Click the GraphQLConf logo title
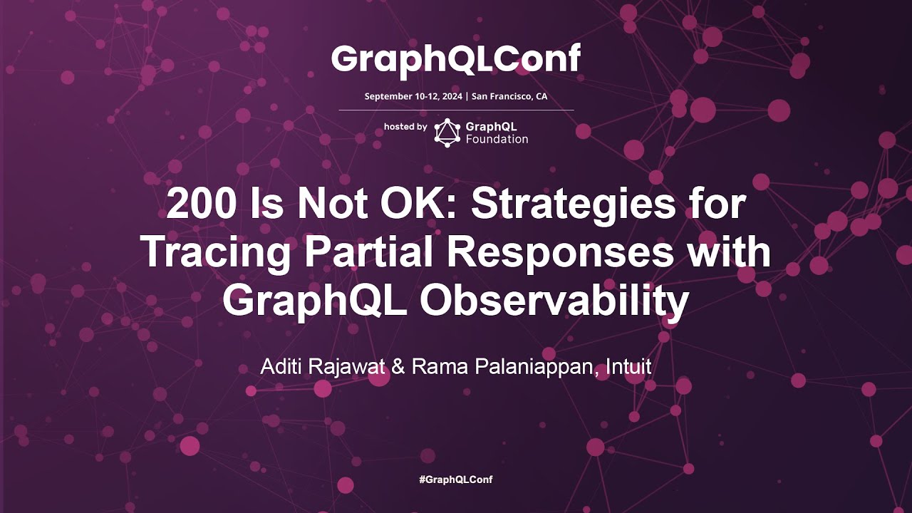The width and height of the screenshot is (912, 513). pos(456,61)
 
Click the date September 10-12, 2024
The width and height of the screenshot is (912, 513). pos(413,96)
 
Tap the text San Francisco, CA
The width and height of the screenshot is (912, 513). pos(509,96)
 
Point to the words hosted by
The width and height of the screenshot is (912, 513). pos(405,127)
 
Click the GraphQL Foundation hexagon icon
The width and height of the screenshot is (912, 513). pos(447,133)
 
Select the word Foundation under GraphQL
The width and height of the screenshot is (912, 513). pos(497,139)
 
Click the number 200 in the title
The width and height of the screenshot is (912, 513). pos(201,204)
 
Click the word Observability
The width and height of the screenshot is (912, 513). pos(554,302)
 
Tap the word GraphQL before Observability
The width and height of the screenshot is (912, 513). pos(314,302)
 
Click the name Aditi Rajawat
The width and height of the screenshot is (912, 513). pos(323,367)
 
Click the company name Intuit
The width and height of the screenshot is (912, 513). pos(628,366)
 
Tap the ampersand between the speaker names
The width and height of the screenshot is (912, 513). pos(398,367)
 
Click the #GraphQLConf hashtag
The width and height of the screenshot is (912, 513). pos(456,480)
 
